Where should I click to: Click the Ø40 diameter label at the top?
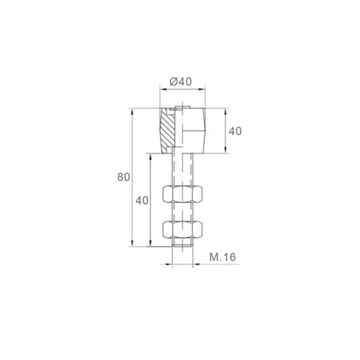pos(181,82)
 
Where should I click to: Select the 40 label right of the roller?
pos(235,131)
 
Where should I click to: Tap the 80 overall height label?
pos(124,177)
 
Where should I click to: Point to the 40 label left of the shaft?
pos(142,201)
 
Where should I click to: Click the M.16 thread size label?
pos(223,257)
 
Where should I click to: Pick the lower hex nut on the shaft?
pos(183,230)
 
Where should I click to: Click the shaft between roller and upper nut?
pos(183,169)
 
